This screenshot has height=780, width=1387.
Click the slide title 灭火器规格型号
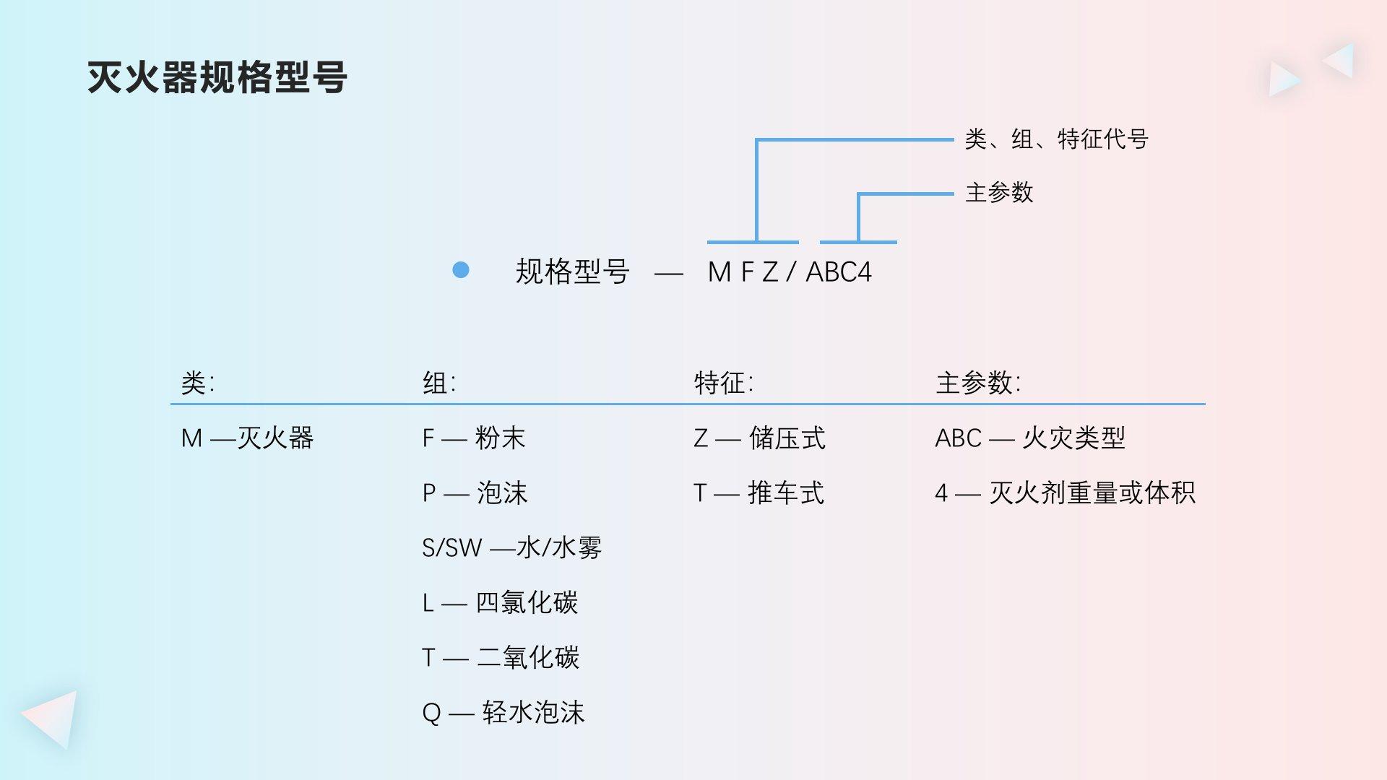[x=217, y=77]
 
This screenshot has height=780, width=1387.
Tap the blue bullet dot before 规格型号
[x=461, y=270]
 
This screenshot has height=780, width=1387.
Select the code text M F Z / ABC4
[x=790, y=272]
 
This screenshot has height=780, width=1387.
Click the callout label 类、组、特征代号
[x=1056, y=139]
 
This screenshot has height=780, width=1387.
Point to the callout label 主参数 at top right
[x=999, y=193]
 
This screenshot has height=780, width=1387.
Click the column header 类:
[x=197, y=383]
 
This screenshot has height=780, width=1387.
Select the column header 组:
[x=439, y=383]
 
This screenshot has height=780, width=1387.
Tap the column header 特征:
[x=723, y=383]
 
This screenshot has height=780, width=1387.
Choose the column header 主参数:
[x=978, y=383]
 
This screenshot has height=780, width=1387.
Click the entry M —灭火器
[x=247, y=438]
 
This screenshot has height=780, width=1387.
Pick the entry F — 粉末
[x=474, y=438]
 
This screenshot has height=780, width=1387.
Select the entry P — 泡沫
[x=475, y=493]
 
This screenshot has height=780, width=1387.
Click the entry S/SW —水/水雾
[x=511, y=548]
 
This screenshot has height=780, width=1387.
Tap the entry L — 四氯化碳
[x=500, y=603]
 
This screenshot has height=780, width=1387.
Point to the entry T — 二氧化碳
[x=501, y=658]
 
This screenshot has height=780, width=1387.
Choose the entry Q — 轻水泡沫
[x=503, y=713]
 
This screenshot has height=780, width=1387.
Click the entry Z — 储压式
[x=759, y=438]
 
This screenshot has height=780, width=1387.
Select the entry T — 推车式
[x=759, y=493]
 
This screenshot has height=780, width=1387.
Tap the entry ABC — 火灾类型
[x=1030, y=438]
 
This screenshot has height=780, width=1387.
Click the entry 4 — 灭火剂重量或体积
[x=1065, y=493]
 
